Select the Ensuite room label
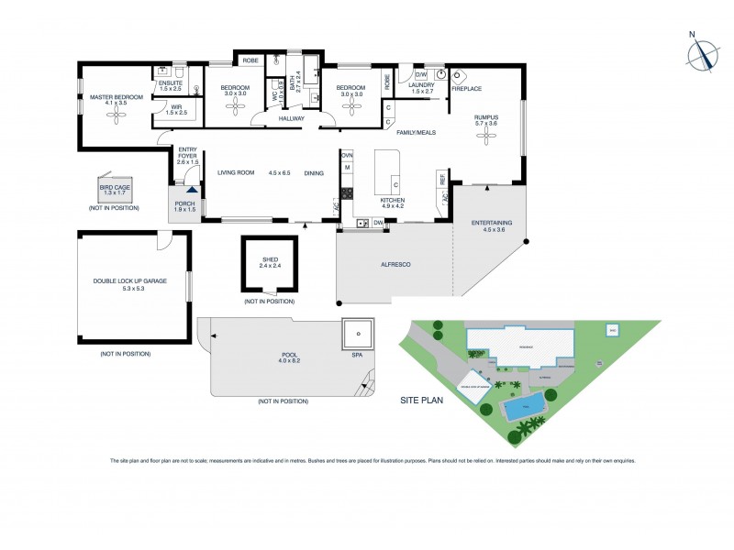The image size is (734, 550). [x=171, y=86]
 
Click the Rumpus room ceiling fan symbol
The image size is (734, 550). [x=484, y=138]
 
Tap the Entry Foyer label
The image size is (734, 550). [x=188, y=153]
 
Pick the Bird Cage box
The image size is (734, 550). [x=115, y=190]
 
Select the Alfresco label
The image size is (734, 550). [x=395, y=265]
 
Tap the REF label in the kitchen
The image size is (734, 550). [x=442, y=180]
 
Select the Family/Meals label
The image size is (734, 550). [x=416, y=132]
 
